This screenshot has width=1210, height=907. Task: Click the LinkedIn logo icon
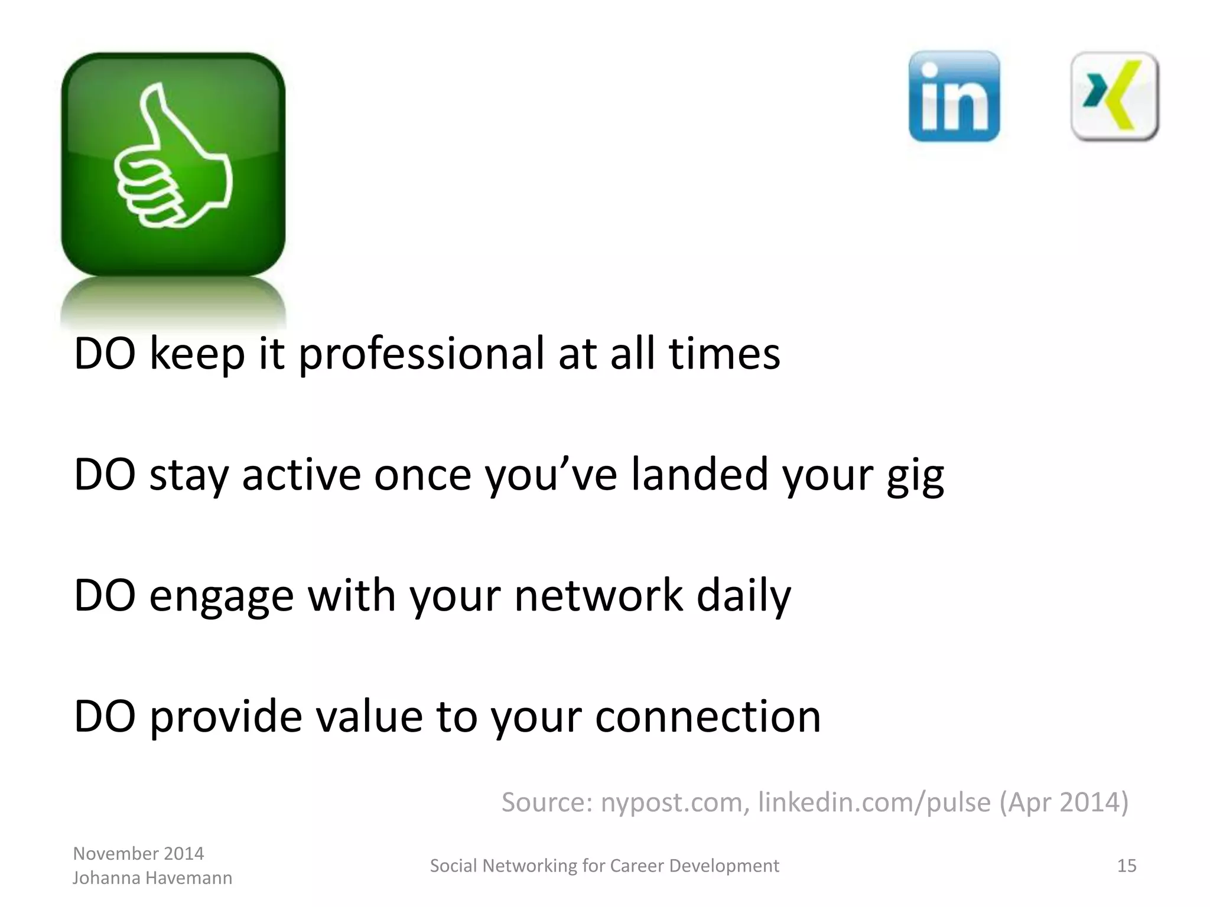pyautogui.click(x=954, y=96)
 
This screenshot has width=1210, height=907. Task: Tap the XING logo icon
pyautogui.click(x=1114, y=96)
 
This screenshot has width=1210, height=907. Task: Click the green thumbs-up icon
pyautogui.click(x=173, y=164)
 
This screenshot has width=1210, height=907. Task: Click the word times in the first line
pyautogui.click(x=724, y=354)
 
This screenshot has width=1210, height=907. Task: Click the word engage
pyautogui.click(x=222, y=596)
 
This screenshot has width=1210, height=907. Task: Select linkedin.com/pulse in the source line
pyautogui.click(x=874, y=802)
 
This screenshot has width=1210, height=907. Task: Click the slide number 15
pyautogui.click(x=1127, y=866)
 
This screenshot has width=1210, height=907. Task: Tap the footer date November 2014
pyautogui.click(x=138, y=853)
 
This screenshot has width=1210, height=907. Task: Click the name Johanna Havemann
pyautogui.click(x=152, y=878)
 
